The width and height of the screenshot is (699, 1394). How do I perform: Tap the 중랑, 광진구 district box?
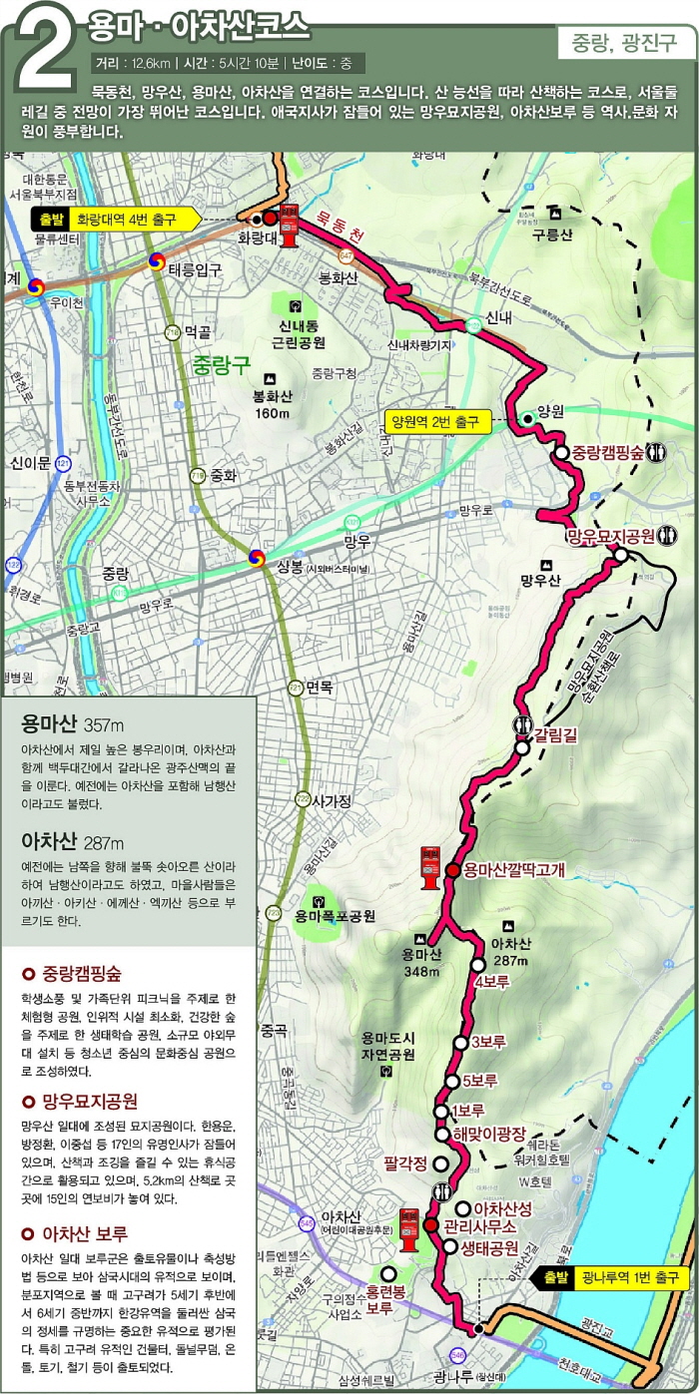coord(624,43)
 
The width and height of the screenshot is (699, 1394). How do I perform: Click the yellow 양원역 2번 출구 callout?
coord(437,421)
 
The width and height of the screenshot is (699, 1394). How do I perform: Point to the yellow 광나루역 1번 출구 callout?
coord(614,1278)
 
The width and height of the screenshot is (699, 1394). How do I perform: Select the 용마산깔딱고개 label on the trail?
coord(514,870)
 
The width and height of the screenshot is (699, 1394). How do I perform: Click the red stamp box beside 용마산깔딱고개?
coord(429,867)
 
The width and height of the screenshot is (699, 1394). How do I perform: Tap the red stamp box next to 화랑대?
coord(290,225)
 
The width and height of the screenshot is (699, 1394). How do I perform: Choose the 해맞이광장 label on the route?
coord(489,1133)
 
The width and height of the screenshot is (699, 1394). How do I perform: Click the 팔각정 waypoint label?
coord(405,1162)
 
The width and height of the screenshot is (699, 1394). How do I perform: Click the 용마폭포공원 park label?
coord(335,915)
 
